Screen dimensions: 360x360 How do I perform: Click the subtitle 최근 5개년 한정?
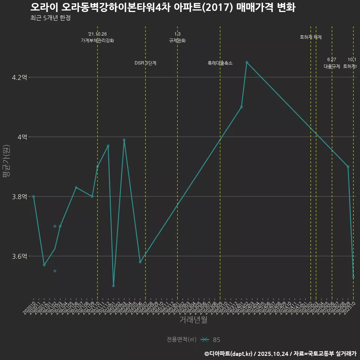tap(50, 18)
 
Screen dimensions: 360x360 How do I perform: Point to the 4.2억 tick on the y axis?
tap(20, 78)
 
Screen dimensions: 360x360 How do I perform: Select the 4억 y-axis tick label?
tap(22, 137)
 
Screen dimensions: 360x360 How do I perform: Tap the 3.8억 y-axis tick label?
tap(20, 197)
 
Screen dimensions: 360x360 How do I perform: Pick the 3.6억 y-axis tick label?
tap(20, 256)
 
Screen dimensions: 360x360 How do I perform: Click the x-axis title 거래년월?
tap(193, 320)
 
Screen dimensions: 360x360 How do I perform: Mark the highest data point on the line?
tap(247, 62)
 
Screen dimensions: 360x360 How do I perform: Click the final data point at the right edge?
tap(353, 277)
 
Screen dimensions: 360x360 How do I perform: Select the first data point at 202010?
tap(34, 196)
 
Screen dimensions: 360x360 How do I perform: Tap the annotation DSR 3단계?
tap(145, 63)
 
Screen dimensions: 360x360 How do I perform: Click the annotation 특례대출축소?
tap(220, 63)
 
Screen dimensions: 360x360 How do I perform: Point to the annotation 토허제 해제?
tap(310, 37)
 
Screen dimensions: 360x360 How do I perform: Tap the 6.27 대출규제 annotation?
tap(332, 63)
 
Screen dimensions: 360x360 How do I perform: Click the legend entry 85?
tap(216, 340)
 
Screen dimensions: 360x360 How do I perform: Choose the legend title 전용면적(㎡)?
tap(181, 340)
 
